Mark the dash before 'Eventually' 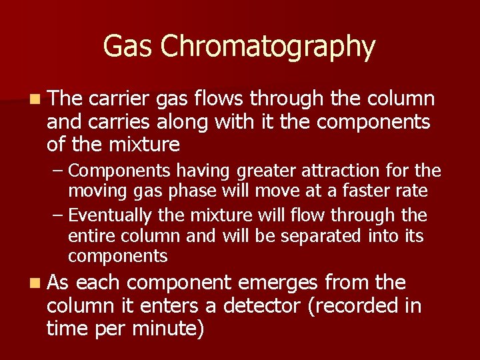point(59,216)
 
